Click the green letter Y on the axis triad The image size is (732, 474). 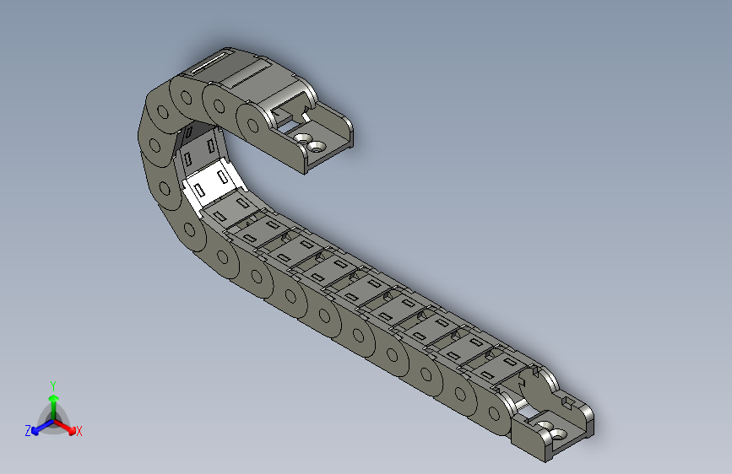pyautogui.click(x=52, y=384)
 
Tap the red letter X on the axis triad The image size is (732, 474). pyautogui.click(x=79, y=432)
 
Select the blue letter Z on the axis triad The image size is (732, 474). pyautogui.click(x=27, y=431)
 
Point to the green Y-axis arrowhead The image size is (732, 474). pyautogui.click(x=52, y=397)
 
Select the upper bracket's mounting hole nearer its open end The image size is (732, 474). pyautogui.click(x=317, y=146)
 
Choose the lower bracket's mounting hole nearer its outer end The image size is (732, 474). pyautogui.click(x=558, y=432)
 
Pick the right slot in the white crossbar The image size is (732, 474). pyautogui.click(x=221, y=176)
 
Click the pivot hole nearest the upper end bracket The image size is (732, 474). pyautogui.click(x=253, y=126)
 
